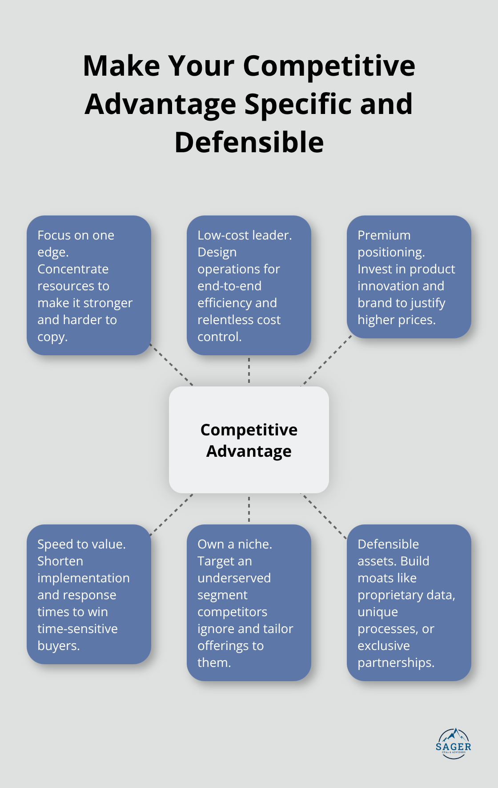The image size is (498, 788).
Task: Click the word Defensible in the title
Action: tap(249, 142)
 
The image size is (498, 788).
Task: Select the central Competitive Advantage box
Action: tap(249, 439)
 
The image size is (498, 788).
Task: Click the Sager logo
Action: tap(453, 744)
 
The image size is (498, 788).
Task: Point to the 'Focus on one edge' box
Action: tap(89, 285)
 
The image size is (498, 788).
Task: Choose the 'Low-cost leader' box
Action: tap(249, 285)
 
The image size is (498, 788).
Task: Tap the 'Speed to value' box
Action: tap(89, 594)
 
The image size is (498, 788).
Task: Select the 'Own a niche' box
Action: tap(249, 603)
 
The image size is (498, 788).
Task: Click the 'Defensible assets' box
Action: tap(409, 603)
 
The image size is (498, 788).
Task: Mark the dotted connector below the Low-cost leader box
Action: tap(249, 370)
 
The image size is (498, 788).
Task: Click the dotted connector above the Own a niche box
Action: tap(249, 509)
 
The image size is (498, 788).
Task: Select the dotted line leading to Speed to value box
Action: tap(171, 514)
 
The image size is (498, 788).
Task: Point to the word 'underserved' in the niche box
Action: tap(234, 578)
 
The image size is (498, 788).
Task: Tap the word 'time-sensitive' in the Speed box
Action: tap(77, 629)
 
